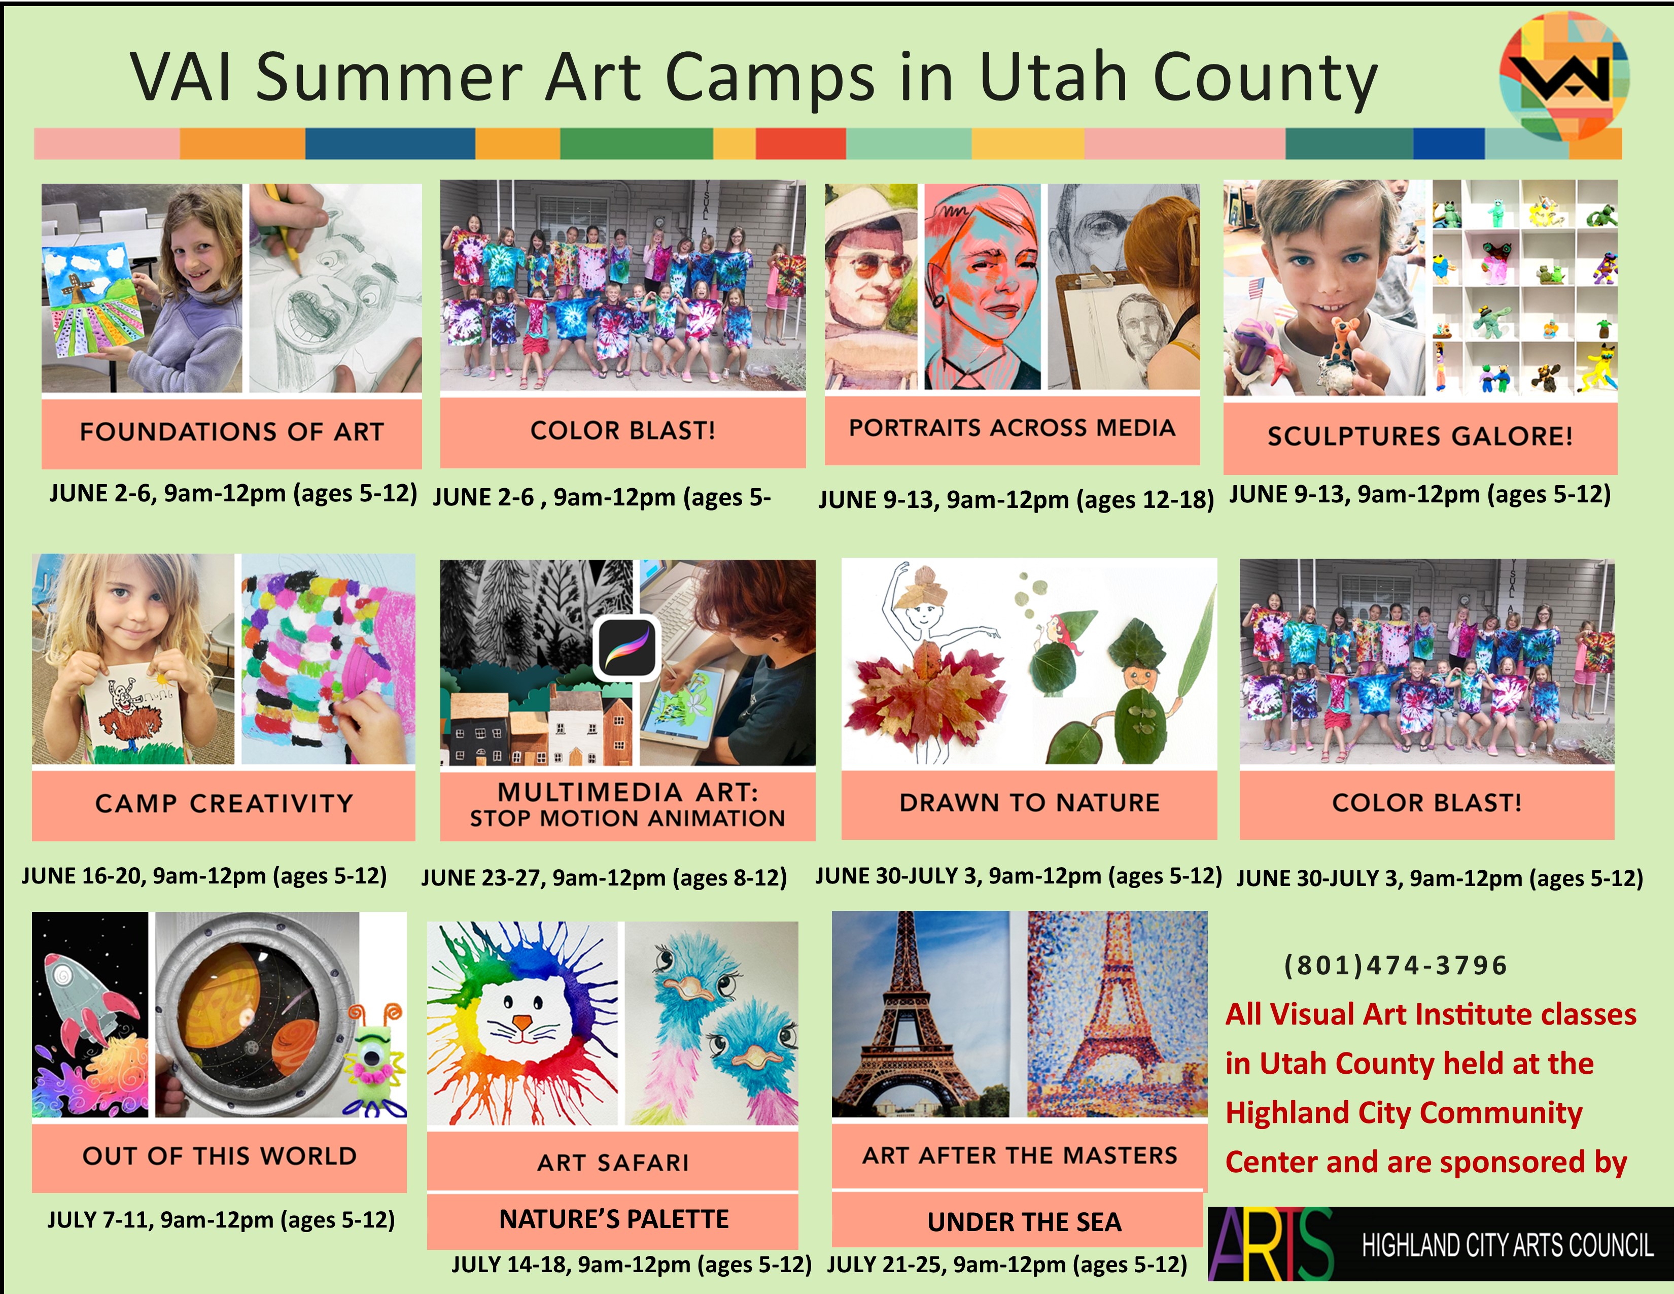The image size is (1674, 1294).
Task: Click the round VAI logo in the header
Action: point(1563,75)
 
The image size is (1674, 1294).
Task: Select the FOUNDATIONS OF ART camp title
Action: point(231,432)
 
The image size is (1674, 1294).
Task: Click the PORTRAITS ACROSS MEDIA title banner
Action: point(1012,428)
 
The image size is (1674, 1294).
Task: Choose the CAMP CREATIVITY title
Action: point(224,803)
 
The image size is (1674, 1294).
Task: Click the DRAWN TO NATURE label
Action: point(1029,803)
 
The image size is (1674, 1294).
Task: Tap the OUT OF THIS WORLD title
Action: point(219,1156)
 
